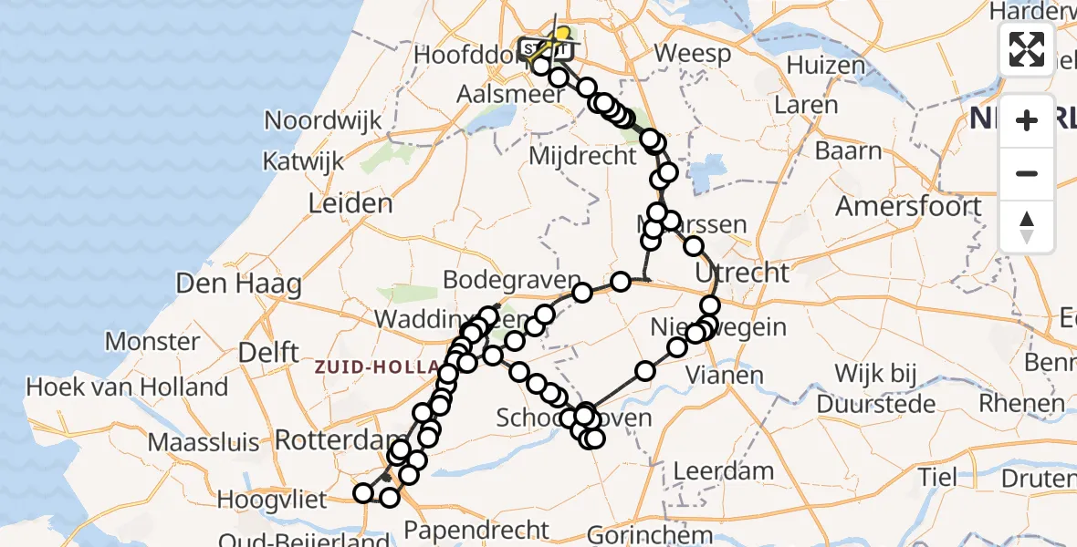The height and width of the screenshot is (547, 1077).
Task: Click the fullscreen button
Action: (x=1027, y=48)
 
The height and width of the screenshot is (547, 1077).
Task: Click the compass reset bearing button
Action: (x=1027, y=227)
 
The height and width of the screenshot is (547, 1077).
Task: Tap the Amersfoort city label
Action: (x=908, y=206)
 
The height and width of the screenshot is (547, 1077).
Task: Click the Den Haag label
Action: (x=226, y=284)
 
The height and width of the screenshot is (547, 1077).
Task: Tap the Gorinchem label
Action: (x=650, y=534)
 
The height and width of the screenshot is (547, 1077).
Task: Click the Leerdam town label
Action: (x=724, y=472)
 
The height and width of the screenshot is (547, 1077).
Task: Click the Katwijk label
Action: (x=303, y=161)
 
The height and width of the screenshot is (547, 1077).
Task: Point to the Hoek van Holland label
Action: (x=127, y=387)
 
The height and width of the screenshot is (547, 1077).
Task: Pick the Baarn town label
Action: (x=849, y=150)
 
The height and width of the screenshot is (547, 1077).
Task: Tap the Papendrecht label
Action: (x=477, y=530)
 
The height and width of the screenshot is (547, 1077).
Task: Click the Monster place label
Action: (x=152, y=342)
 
